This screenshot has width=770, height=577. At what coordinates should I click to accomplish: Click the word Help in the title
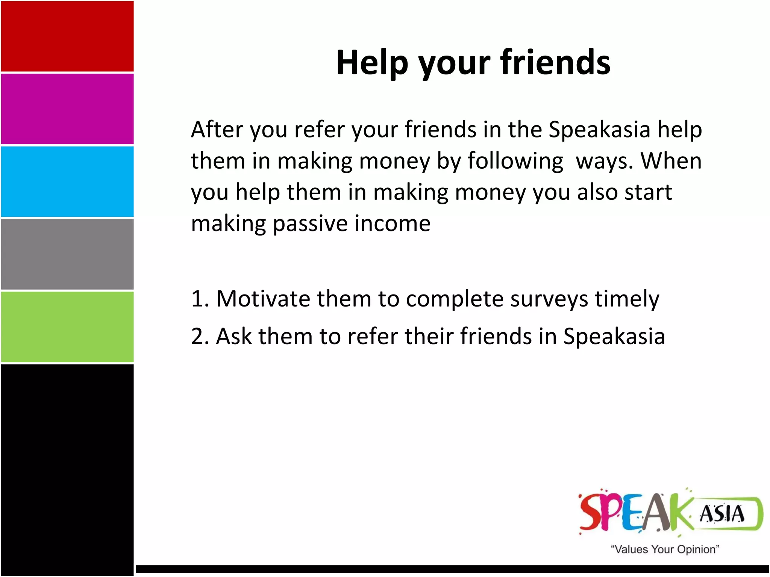pos(372,62)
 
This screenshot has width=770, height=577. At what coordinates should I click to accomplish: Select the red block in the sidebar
pos(67,36)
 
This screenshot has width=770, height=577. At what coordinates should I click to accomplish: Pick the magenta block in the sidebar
pos(67,109)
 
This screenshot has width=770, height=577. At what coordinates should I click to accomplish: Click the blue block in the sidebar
pos(67,181)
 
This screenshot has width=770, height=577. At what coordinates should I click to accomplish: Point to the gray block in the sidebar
pos(67,254)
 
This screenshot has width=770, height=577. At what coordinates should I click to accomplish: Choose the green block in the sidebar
pos(67,327)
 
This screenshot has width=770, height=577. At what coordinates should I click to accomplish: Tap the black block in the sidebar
pos(67,470)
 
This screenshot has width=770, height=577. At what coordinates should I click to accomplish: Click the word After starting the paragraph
pos(217,130)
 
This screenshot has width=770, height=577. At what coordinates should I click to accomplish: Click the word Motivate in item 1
pos(263,299)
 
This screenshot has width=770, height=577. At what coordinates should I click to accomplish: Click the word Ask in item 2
pos(234,336)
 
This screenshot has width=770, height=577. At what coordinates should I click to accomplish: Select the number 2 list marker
pos(198,336)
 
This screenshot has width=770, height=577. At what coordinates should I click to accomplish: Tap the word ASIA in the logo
pos(721,514)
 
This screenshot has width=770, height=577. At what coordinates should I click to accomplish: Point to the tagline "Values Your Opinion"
pos(665,549)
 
